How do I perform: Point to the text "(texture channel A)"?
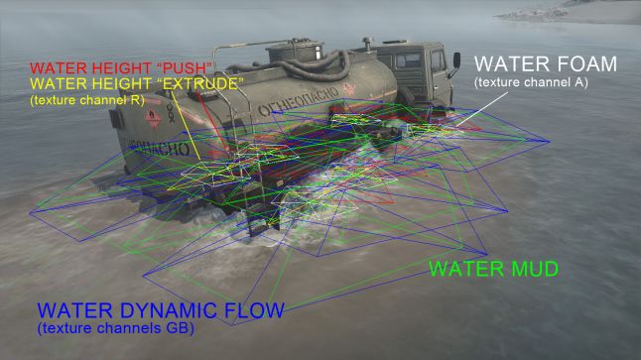click(x=531, y=82)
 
